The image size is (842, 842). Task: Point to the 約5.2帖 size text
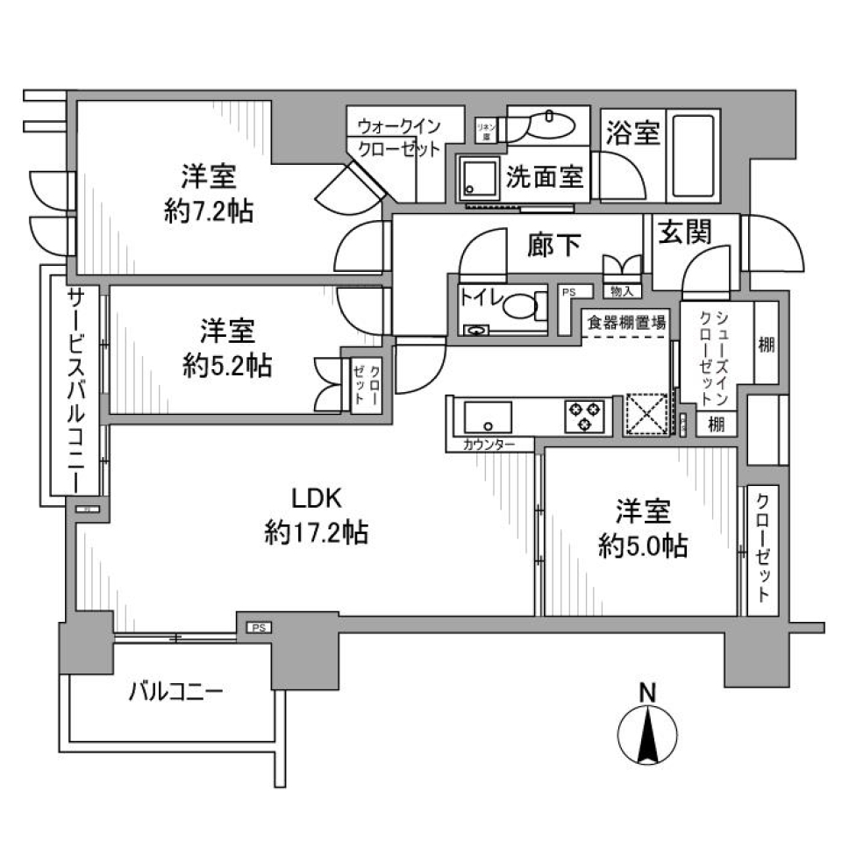click(227, 365)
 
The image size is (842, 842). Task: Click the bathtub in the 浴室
click(694, 157)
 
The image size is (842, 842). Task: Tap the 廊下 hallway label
click(554, 246)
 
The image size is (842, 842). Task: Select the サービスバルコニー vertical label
click(77, 390)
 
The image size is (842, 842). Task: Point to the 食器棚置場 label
click(624, 323)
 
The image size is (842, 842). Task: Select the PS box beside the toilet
click(568, 292)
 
